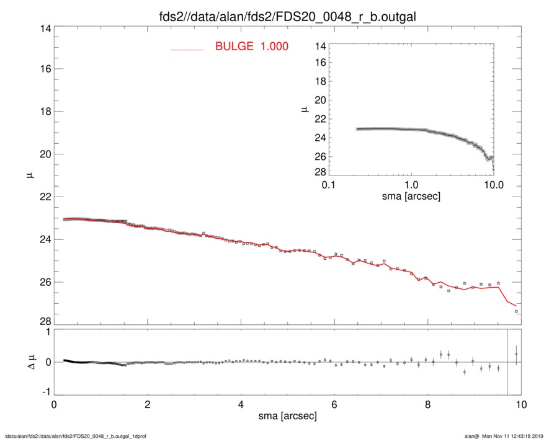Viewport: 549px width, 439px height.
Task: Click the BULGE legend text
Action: point(251,47)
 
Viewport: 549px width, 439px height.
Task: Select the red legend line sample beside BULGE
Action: point(187,49)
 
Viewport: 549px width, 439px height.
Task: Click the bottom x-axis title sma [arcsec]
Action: point(287,415)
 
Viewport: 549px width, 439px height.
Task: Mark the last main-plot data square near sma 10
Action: point(516,311)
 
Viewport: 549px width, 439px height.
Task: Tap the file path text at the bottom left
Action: point(76,436)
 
